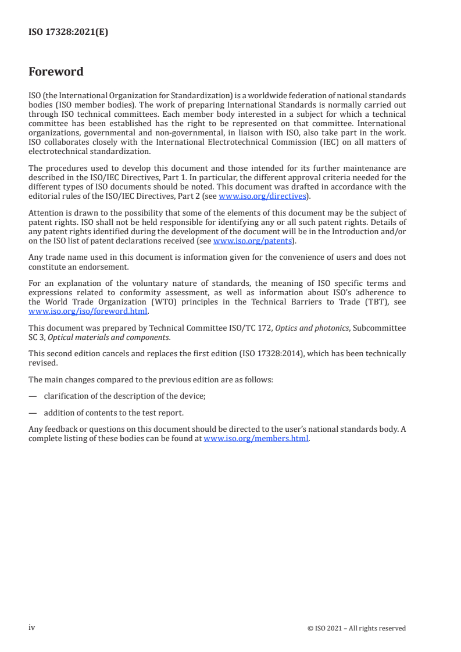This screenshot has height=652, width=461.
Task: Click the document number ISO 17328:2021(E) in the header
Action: (x=68, y=33)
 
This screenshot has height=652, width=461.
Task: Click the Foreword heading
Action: (x=56, y=72)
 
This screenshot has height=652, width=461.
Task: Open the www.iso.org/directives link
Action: (x=262, y=196)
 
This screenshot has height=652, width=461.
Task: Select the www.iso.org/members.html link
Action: (x=256, y=439)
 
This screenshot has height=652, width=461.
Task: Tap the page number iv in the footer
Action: (x=32, y=628)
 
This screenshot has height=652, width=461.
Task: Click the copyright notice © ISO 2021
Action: (x=356, y=628)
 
